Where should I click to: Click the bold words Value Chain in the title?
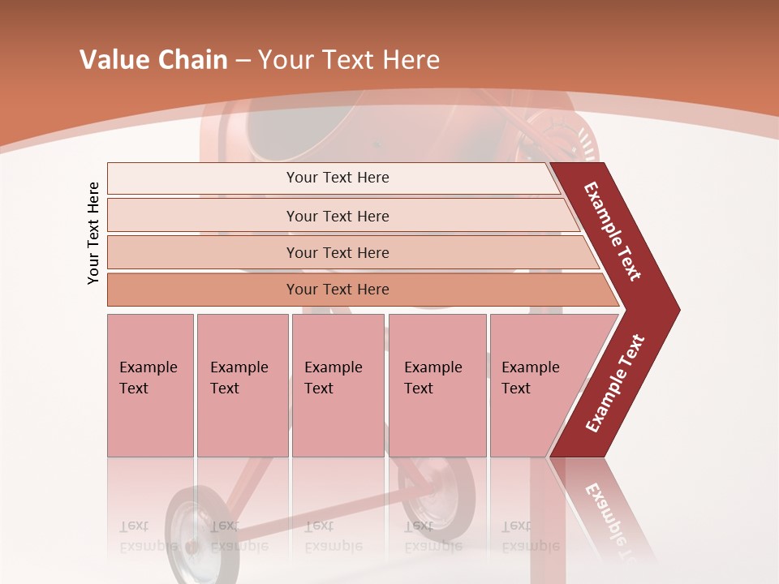pyautogui.click(x=153, y=60)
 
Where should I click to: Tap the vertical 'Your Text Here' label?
pyautogui.click(x=93, y=233)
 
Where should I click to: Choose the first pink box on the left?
pyautogui.click(x=150, y=385)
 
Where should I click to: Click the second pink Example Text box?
pyautogui.click(x=242, y=385)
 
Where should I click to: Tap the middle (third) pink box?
pyautogui.click(x=338, y=385)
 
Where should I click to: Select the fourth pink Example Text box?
pyautogui.click(x=437, y=385)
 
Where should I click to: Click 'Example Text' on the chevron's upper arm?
pyautogui.click(x=613, y=231)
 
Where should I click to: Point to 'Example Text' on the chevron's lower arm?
pyautogui.click(x=615, y=383)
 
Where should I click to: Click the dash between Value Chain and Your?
pyautogui.click(x=243, y=61)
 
